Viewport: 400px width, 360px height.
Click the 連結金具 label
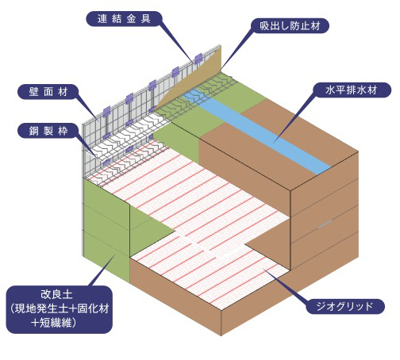124,19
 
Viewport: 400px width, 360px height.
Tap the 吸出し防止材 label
290,25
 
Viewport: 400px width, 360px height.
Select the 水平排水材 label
351,90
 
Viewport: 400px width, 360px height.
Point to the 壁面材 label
48,92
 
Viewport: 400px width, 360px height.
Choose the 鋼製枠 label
48,131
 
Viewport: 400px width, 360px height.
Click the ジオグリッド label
344,306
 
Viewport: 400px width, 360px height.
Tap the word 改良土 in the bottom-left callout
56,294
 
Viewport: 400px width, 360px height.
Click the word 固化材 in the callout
93,308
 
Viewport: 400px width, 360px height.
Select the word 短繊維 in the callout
56,323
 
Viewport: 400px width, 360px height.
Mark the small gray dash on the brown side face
325,224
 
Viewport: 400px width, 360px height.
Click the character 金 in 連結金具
131,19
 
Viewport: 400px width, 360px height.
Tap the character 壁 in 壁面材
33,92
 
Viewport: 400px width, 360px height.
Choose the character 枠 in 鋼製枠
63,131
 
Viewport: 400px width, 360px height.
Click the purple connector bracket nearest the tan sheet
198,59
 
